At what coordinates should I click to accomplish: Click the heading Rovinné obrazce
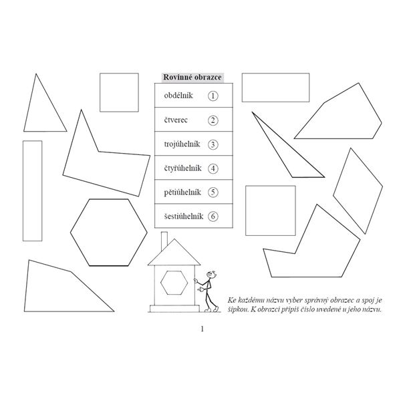pyautogui.click(x=193, y=77)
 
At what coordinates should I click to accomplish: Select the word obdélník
pyautogui.click(x=178, y=96)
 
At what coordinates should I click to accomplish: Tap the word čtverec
pyautogui.click(x=176, y=120)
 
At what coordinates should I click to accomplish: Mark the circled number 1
pyautogui.click(x=213, y=96)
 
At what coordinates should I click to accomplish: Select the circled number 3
pyautogui.click(x=213, y=144)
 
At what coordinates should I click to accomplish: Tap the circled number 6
pyautogui.click(x=213, y=216)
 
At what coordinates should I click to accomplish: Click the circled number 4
pyautogui.click(x=213, y=168)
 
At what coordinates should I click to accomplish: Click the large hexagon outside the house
pyautogui.click(x=109, y=231)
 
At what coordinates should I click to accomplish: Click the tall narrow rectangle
pyautogui.click(x=32, y=190)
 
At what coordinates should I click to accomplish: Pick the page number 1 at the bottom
pyautogui.click(x=201, y=329)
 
